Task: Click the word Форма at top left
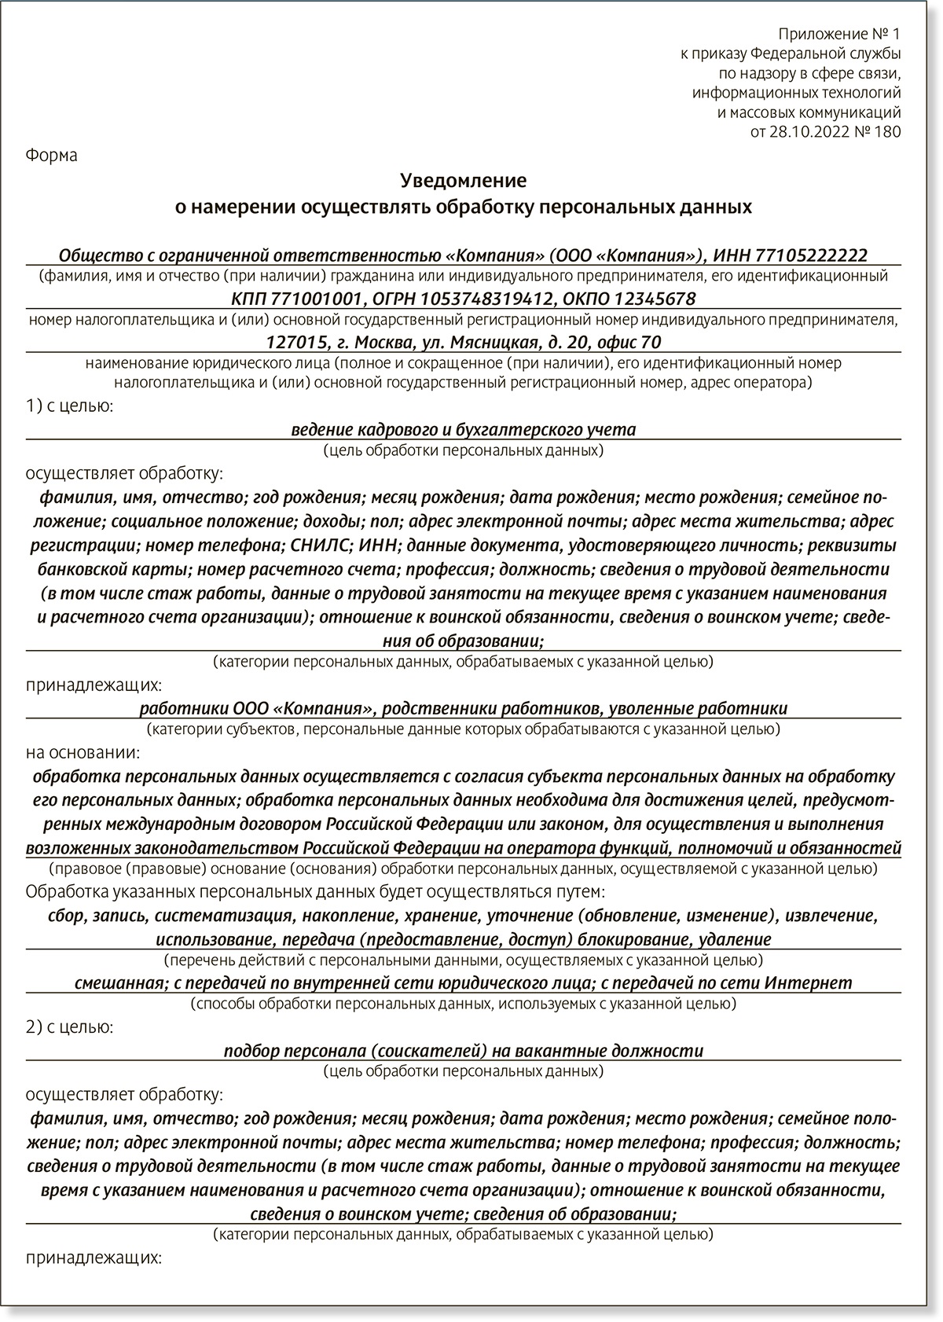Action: click(52, 155)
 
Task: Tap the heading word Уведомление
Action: click(463, 181)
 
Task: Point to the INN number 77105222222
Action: click(811, 255)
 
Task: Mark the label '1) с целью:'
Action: click(69, 406)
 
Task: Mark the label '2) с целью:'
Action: click(69, 1026)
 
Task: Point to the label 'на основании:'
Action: click(83, 752)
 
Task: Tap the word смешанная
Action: click(119, 982)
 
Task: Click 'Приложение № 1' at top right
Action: click(839, 34)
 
